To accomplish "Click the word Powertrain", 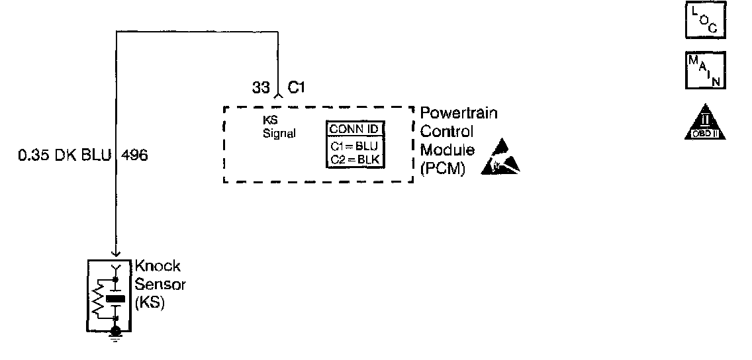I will [x=459, y=113].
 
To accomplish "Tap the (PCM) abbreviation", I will [x=443, y=169].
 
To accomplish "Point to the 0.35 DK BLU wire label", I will [x=65, y=157].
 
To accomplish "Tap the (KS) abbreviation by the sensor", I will [x=150, y=304].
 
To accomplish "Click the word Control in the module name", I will [x=447, y=132].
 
